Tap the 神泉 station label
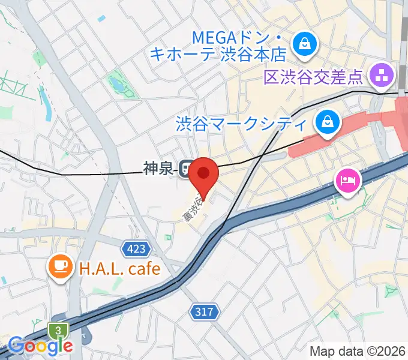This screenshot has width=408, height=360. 158,169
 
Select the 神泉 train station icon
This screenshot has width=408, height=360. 187,169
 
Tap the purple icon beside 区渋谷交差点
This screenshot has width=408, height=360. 382,76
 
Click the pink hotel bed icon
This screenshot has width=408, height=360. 348,179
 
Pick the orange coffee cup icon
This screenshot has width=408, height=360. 59,266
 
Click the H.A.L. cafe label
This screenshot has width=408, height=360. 120,267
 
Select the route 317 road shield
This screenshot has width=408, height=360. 204,311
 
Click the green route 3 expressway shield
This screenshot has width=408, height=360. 58,330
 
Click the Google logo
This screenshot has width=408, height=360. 41,345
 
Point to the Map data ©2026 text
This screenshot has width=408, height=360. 358,351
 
